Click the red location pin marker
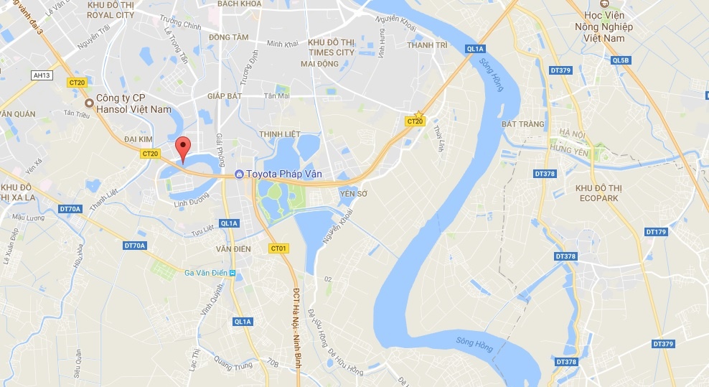click(x=183, y=149)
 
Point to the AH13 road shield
click(x=43, y=75)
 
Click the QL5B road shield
click(x=621, y=60)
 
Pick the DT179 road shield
click(x=656, y=231)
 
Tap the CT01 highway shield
click(x=279, y=248)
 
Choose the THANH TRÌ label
click(x=427, y=45)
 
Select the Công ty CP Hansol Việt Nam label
click(x=135, y=103)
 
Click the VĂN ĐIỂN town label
click(x=234, y=248)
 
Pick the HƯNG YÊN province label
click(x=571, y=149)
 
